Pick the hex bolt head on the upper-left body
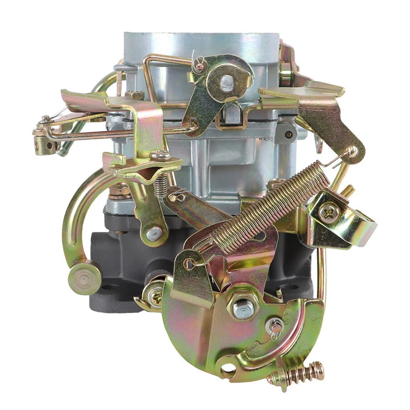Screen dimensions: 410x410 [135, 95]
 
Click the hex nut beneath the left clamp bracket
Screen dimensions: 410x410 [119, 191]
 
